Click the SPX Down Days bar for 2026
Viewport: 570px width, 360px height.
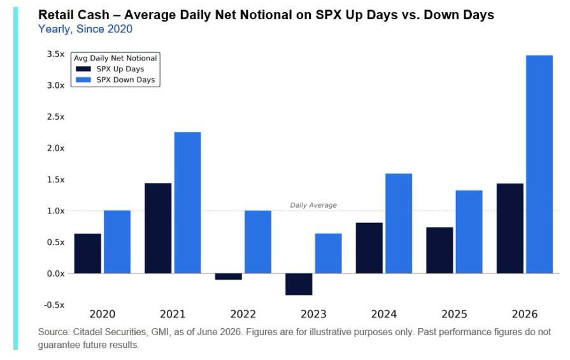click(539, 164)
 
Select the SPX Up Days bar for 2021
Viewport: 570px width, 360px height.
click(158, 228)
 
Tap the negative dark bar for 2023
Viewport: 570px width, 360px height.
click(299, 284)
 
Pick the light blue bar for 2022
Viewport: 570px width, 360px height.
click(258, 242)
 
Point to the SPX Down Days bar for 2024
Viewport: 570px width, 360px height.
click(399, 223)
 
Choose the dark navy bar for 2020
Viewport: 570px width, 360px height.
click(88, 254)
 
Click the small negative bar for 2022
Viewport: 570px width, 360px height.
click(228, 277)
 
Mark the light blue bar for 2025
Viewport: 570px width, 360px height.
click(469, 232)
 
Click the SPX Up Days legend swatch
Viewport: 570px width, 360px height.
click(83, 69)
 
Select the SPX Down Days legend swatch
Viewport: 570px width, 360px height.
click(83, 80)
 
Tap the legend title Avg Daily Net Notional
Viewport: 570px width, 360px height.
click(115, 58)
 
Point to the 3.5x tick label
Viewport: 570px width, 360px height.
click(55, 54)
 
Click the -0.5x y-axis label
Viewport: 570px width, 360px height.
click(54, 305)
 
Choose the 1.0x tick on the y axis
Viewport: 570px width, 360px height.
click(55, 211)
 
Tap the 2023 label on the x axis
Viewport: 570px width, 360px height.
click(313, 314)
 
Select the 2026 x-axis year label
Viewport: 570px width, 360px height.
click(525, 314)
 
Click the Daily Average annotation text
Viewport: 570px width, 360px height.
click(313, 205)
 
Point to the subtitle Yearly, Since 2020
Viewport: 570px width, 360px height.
click(85, 29)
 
